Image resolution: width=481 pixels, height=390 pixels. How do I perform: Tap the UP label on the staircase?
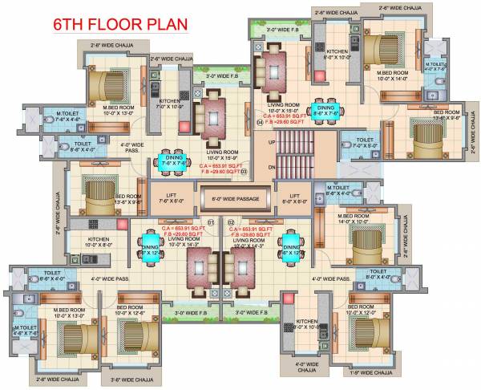coord(272,142)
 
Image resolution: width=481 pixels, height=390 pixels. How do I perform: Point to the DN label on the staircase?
coord(273,166)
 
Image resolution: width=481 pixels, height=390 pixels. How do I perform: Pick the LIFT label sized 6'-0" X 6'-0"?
coord(294,198)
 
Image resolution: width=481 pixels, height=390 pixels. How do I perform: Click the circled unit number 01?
coord(211,222)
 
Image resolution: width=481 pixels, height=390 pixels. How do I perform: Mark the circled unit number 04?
coord(260,122)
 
